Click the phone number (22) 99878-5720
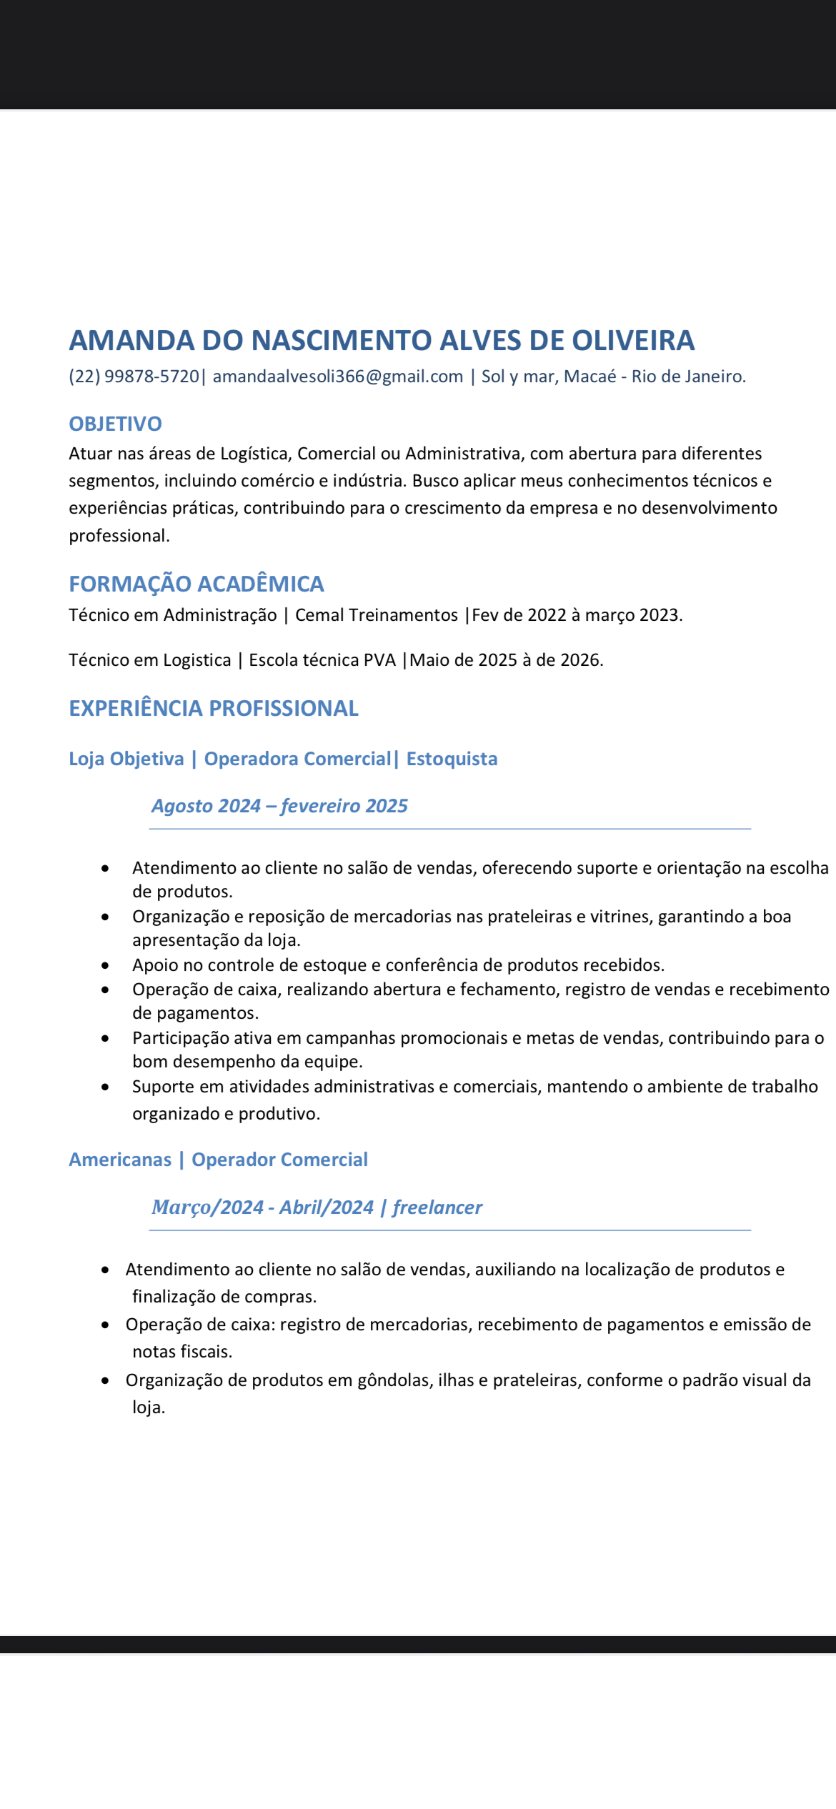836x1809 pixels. [x=134, y=377]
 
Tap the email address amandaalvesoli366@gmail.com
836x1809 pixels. [x=338, y=377]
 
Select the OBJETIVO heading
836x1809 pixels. [x=115, y=424]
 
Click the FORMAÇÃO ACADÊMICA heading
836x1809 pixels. [x=196, y=584]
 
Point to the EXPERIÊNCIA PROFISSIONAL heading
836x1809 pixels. [x=214, y=708]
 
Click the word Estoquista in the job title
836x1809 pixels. [x=452, y=759]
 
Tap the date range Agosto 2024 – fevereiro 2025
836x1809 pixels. [x=279, y=806]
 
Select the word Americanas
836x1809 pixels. [x=120, y=1160]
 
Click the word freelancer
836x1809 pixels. [x=437, y=1207]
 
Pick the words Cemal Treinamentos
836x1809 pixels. [x=377, y=615]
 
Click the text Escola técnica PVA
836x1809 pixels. [x=322, y=660]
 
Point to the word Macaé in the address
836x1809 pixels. [x=590, y=377]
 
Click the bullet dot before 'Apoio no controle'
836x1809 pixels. [x=106, y=965]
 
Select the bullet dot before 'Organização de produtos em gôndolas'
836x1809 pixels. [x=106, y=1381]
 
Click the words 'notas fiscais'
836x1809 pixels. [x=182, y=1352]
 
